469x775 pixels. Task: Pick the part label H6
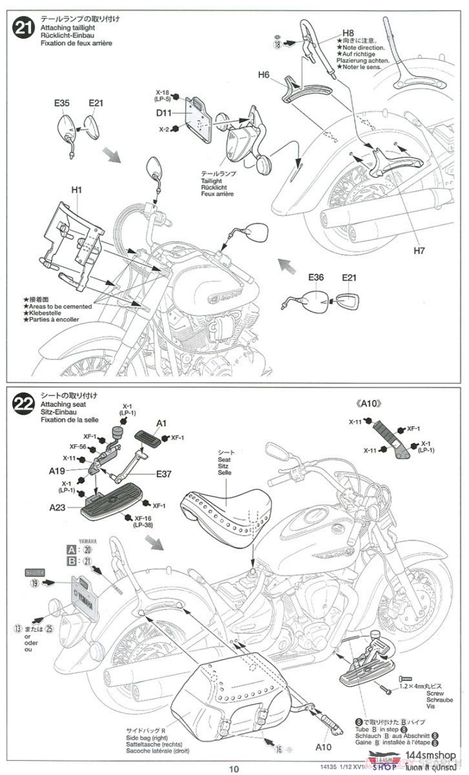pyautogui.click(x=264, y=74)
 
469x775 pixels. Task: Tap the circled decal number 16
pyautogui.click(x=279, y=749)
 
